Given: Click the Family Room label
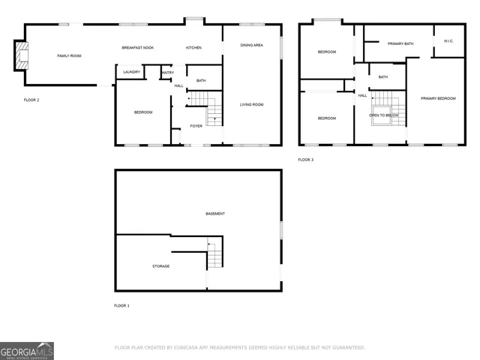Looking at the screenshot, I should tap(70, 56).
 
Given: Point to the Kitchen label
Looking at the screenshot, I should tap(193, 48).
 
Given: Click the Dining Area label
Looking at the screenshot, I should tap(251, 46).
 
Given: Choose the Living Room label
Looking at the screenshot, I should tap(251, 104).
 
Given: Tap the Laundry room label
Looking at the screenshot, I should tap(131, 72).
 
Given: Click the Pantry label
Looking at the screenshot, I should tap(167, 72).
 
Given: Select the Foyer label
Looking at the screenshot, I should tap(196, 126).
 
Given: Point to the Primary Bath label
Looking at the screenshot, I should tap(400, 44).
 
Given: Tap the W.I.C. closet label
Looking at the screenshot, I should tap(448, 41).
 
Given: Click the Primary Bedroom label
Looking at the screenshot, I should tap(437, 98).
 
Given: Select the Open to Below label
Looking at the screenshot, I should tap(383, 115).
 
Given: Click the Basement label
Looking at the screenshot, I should tap(215, 214).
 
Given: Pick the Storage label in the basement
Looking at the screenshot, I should tap(160, 266).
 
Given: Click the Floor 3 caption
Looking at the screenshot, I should tap(306, 160).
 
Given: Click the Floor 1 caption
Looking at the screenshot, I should tap(121, 306).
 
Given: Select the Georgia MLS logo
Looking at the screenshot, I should tap(27, 350).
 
